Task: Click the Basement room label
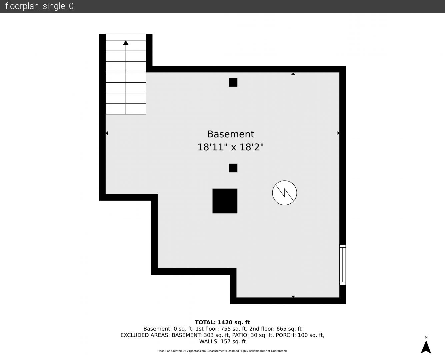click(231, 134)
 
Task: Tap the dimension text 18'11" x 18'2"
click(231, 147)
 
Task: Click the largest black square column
click(225, 201)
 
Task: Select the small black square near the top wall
click(233, 82)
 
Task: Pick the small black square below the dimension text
click(233, 168)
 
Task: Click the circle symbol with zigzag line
click(284, 193)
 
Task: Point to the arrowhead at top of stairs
click(126, 43)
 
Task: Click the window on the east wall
click(343, 265)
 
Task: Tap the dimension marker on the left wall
click(107, 133)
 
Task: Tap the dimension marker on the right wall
click(338, 133)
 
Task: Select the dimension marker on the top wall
click(293, 74)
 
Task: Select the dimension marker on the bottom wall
click(293, 296)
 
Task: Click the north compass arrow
click(426, 347)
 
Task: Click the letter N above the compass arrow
click(426, 337)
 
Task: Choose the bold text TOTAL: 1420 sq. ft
click(222, 322)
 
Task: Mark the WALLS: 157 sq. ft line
click(222, 341)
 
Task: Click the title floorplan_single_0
click(39, 6)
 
